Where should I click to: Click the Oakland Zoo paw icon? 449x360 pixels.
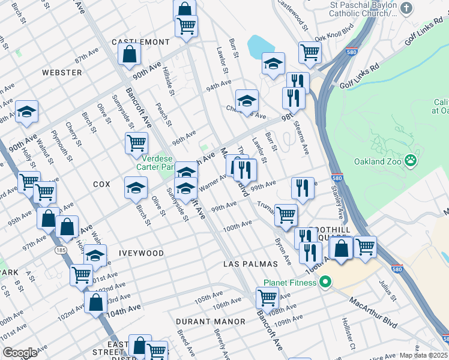pos(411,160)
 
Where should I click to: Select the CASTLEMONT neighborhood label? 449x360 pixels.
pos(140,43)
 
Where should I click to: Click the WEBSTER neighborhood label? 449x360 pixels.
pos(62,73)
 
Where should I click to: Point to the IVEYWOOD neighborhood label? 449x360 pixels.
pos(140,254)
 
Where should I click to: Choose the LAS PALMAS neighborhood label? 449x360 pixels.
pos(250,264)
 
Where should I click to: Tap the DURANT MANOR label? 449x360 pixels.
pos(211,322)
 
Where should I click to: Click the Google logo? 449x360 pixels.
pos(20,353)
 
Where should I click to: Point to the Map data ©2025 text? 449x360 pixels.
pos(423,355)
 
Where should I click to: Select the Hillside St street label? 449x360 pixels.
pos(168,81)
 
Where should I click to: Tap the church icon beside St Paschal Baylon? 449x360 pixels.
pos(407,8)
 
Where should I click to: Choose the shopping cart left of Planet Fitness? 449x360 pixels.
pos(267,297)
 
